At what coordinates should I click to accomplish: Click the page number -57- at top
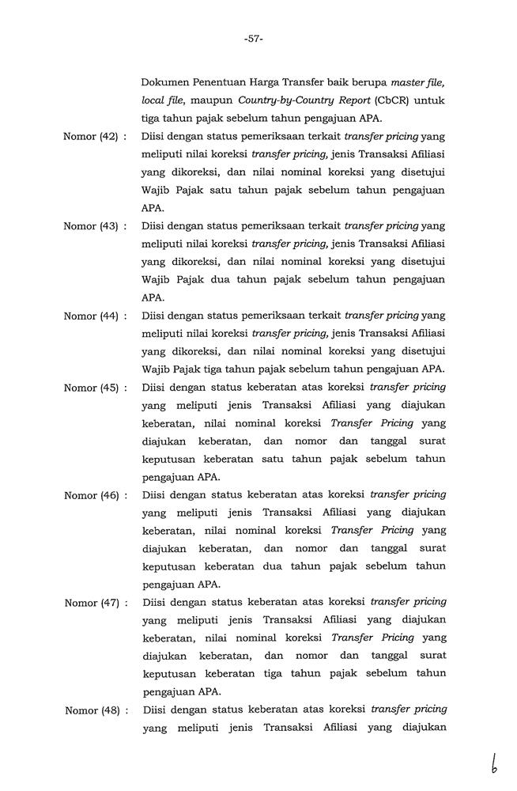point(254,39)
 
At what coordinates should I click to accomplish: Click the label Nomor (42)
point(90,136)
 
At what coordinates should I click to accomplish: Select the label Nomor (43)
point(90,226)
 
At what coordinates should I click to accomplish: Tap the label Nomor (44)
point(90,316)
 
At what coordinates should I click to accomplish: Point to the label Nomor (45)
point(90,388)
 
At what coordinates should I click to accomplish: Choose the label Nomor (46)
point(90,495)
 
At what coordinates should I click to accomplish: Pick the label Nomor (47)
point(90,603)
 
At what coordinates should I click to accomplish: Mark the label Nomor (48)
point(90,710)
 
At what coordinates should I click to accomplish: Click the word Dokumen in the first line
point(166,82)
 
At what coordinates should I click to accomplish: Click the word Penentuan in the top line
point(225,82)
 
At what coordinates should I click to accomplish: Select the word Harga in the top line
point(277,82)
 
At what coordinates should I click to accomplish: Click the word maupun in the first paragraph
point(213,100)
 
